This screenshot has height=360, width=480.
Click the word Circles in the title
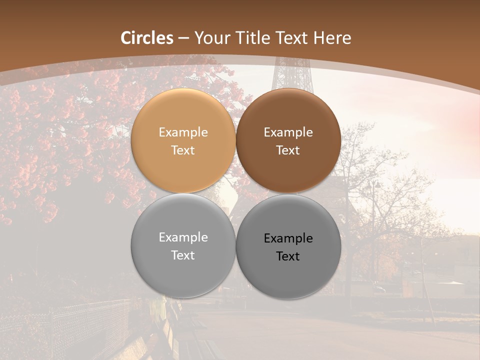(x=147, y=38)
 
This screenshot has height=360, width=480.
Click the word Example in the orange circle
(x=183, y=132)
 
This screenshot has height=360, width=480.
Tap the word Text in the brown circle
(x=288, y=150)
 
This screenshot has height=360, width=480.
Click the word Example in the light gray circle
(x=183, y=237)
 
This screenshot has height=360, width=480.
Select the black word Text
(x=288, y=256)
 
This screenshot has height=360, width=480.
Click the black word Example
(x=288, y=238)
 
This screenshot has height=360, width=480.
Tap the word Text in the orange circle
(x=183, y=150)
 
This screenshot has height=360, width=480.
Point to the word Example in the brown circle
(x=288, y=132)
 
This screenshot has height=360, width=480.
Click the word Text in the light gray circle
(x=183, y=255)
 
